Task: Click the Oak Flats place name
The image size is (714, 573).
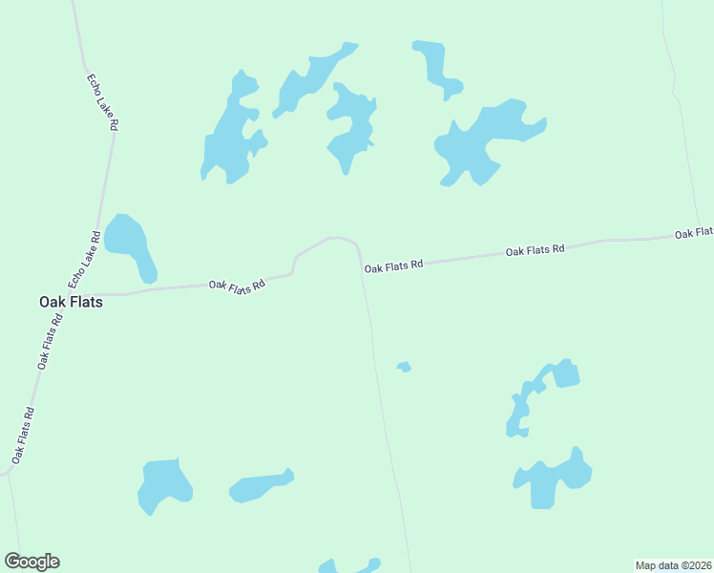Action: [71, 301]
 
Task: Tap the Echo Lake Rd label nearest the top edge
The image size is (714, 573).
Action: [102, 102]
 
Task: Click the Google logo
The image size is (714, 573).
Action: [31, 562]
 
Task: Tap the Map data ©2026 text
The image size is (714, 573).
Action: [673, 565]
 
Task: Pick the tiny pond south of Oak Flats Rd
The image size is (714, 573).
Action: [404, 367]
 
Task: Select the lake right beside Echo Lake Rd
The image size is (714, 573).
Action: [129, 244]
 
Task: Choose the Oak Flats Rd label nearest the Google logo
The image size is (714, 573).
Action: [23, 435]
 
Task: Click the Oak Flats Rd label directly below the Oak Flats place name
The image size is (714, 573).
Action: [50, 341]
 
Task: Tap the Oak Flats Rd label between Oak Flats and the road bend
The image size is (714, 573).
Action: [236, 286]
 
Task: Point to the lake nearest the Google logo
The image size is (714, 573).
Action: [163, 484]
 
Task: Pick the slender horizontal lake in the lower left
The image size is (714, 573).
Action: [260, 487]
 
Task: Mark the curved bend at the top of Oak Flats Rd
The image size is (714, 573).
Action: [334, 239]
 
